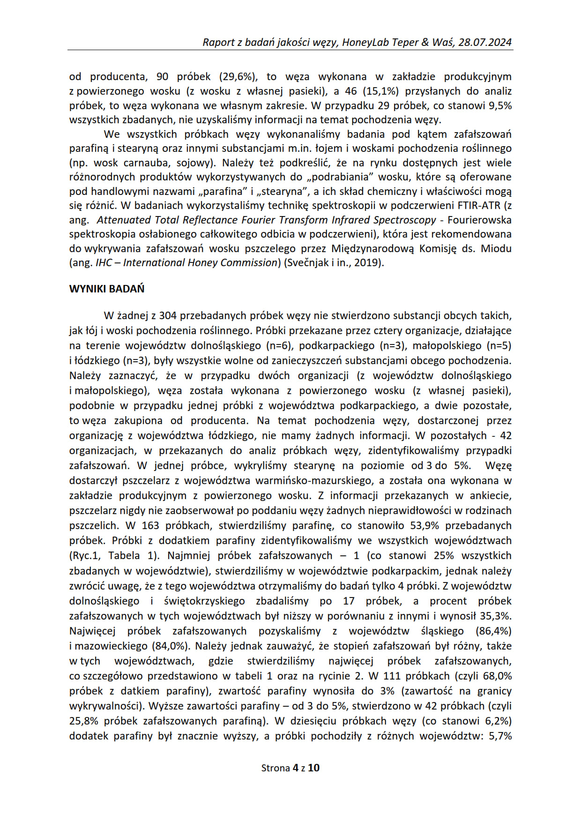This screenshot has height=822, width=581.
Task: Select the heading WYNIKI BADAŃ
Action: [x=107, y=289]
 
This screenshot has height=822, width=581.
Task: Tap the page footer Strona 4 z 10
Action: [x=290, y=768]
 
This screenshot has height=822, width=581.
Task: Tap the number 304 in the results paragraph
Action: [x=168, y=315]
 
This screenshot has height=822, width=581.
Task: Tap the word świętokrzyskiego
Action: [x=204, y=601]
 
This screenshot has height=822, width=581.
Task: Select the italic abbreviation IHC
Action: [x=104, y=262]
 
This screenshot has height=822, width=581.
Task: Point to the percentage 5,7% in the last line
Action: [x=499, y=736]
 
